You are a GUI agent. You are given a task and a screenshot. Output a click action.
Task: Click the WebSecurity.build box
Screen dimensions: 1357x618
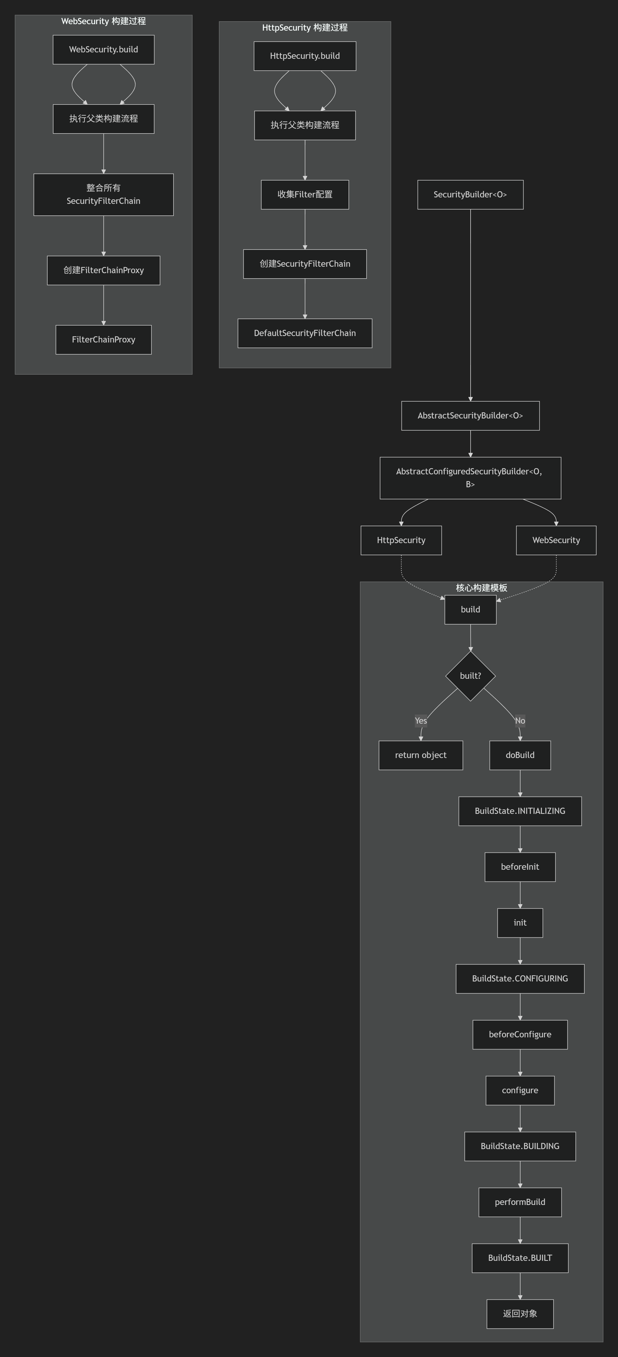(x=103, y=49)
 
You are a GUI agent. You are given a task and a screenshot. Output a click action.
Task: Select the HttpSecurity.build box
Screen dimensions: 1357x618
(x=305, y=56)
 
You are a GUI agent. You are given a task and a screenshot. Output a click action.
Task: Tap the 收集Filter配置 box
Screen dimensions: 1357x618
(x=305, y=194)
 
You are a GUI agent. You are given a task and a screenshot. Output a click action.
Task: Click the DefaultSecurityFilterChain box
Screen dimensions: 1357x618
(x=305, y=333)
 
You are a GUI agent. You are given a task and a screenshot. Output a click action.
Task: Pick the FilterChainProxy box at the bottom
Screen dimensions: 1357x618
(x=103, y=340)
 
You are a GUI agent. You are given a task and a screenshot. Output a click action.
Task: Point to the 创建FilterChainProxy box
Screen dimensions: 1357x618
(x=103, y=270)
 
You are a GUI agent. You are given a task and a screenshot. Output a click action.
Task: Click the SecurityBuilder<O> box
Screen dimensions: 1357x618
(x=470, y=194)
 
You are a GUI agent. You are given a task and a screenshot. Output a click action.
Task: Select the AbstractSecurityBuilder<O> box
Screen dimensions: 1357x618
(x=470, y=416)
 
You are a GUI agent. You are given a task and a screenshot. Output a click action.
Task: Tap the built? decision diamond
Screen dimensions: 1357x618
(x=470, y=676)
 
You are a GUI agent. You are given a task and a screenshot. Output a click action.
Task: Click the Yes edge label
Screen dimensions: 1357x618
(x=420, y=721)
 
